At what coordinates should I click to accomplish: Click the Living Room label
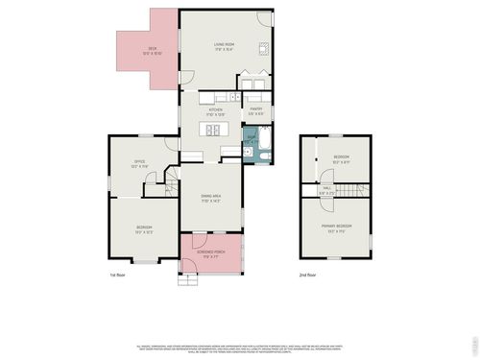point(224,45)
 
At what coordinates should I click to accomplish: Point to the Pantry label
point(256,110)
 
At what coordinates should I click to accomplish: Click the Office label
point(139,164)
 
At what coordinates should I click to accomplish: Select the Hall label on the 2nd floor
point(326,189)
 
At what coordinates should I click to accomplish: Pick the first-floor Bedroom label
point(144,228)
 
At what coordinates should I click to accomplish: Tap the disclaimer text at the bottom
point(240,347)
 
